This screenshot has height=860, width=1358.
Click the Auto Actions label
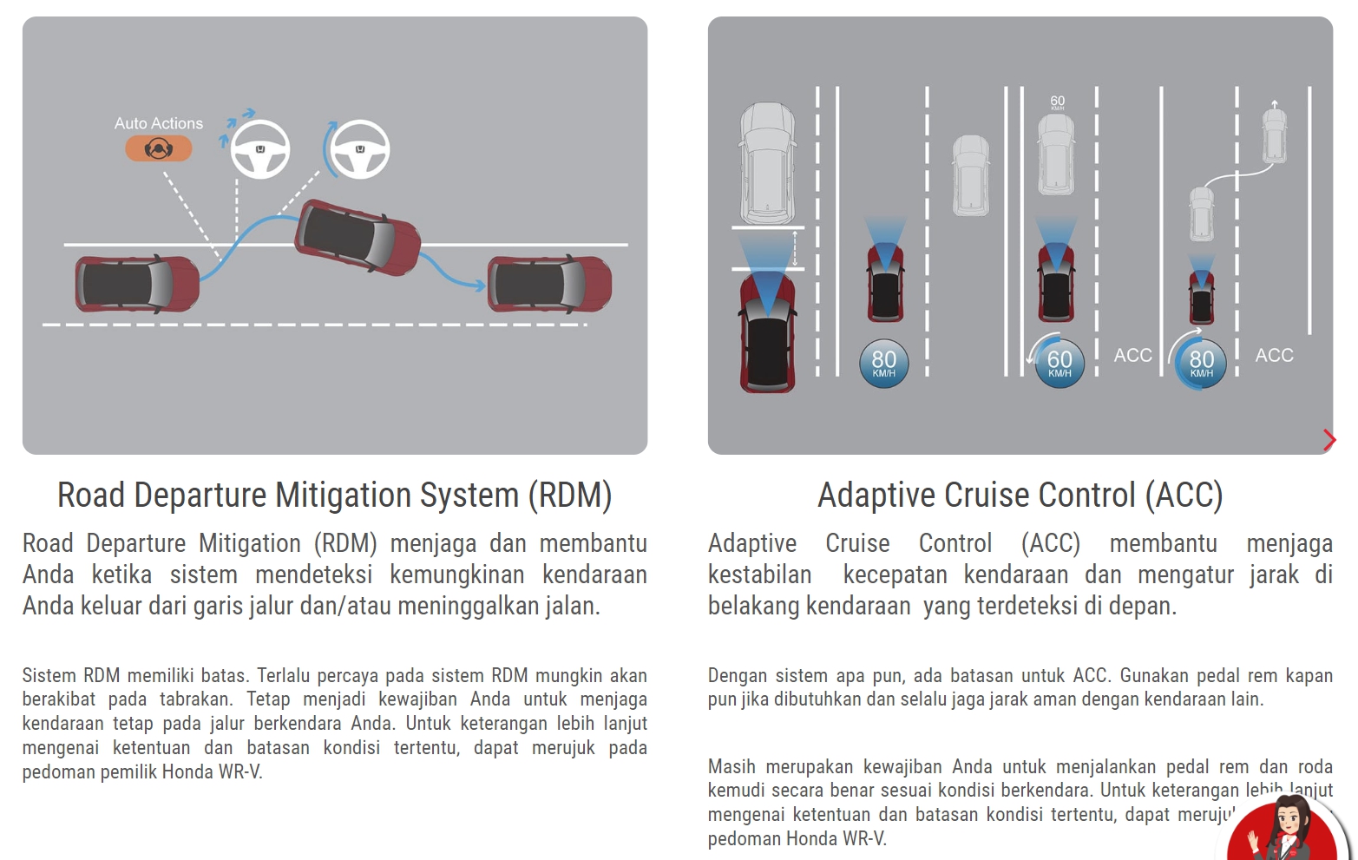159,123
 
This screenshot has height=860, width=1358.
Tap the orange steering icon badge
158,149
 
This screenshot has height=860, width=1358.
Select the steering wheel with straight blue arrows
259,149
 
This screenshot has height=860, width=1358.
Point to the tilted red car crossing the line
358,237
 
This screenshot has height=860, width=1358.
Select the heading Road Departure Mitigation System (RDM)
334,495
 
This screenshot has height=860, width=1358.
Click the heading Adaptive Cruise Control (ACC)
1020,495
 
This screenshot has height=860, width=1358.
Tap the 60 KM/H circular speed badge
1060,363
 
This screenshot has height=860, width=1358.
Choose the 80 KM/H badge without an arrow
883,363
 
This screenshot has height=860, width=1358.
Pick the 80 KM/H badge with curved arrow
1201,363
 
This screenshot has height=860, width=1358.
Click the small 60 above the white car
1057,102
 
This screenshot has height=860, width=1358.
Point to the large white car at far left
767,163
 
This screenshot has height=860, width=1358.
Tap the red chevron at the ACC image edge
1328,440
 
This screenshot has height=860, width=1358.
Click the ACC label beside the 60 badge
1132,355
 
